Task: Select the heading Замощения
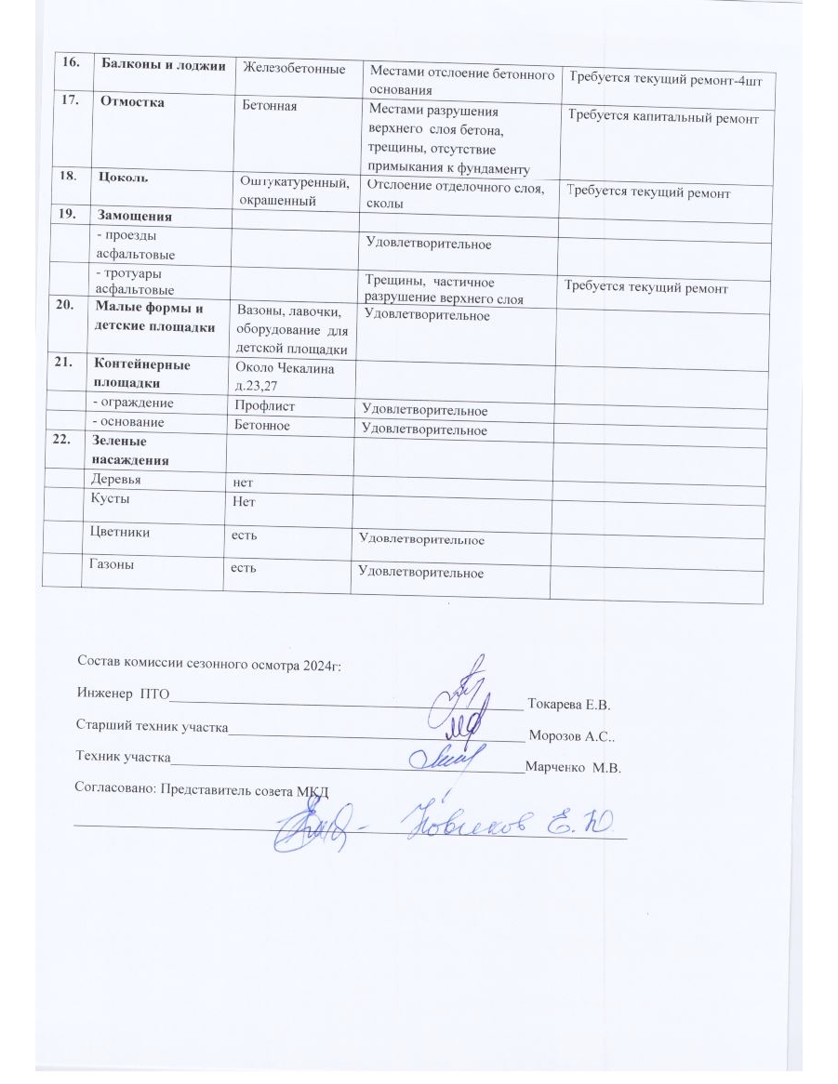coord(134,217)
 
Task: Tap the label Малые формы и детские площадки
coord(155,318)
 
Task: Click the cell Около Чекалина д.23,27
coord(286,377)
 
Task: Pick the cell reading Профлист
coord(263,405)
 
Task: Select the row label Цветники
coord(119,533)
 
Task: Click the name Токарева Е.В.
coord(569,703)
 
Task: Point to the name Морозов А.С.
coord(571,736)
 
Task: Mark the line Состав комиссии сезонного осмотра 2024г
coord(209,664)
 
